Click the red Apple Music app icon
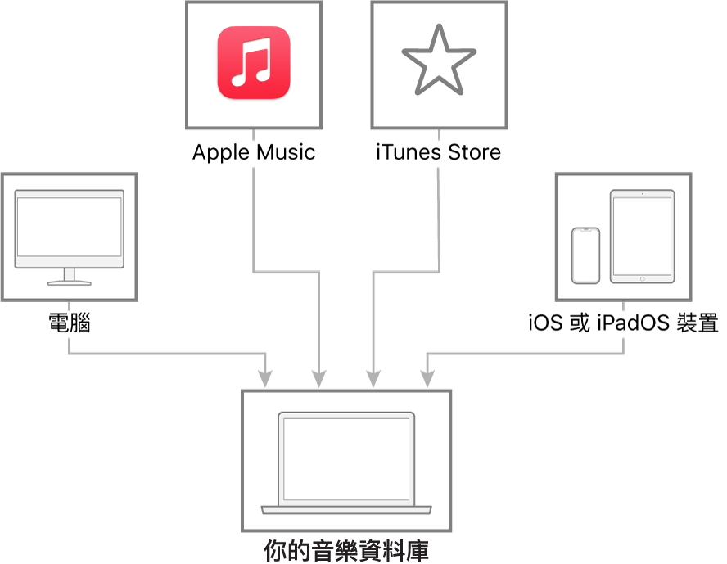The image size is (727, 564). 254,63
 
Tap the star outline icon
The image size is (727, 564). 439,61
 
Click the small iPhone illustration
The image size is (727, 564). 585,255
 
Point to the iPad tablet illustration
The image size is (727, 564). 642,237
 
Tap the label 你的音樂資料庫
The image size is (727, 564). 346,550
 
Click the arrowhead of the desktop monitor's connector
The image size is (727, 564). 265,378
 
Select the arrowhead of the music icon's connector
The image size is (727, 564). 319,378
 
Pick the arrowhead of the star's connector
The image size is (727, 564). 373,378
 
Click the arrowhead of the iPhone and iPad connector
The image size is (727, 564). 427,378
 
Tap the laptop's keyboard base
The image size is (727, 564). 346,510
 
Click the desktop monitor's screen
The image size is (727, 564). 70,227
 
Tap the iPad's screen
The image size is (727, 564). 642,237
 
